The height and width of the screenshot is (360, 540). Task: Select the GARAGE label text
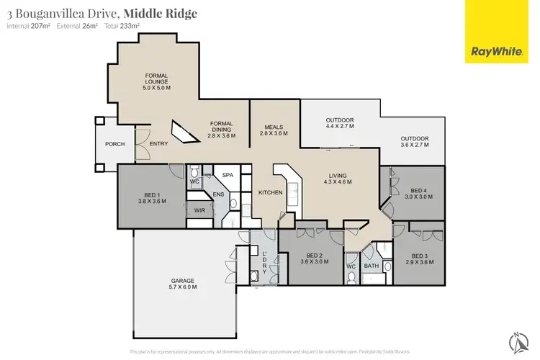coord(184,283)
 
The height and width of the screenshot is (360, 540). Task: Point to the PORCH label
coord(115,144)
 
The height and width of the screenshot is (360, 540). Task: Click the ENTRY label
coord(158,144)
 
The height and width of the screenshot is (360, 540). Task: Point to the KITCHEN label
coord(271,192)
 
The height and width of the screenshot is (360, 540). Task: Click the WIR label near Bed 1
coord(200,210)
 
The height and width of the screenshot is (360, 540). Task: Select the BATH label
coord(371,266)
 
